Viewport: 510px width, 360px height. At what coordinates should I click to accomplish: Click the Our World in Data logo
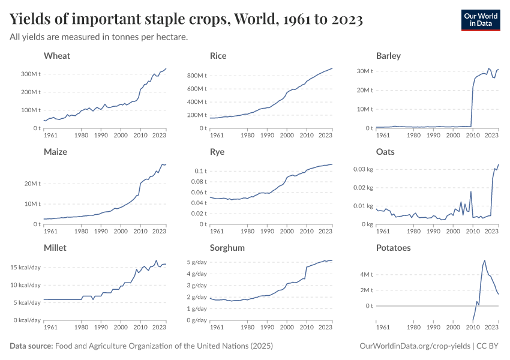coord(480,20)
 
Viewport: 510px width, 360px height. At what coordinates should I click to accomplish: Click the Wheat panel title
coord(57,56)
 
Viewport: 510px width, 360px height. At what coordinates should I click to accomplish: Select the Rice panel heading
coord(218,56)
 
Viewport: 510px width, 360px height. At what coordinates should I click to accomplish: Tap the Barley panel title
coord(388,56)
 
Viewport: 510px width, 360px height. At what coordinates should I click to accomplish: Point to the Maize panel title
coord(55,152)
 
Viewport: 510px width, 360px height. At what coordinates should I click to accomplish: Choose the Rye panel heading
coord(217,152)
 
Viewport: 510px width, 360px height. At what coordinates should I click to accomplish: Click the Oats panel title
coord(385,152)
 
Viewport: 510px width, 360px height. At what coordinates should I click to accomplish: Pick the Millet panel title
coord(55,247)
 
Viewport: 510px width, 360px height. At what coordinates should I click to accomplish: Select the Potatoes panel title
coord(393,247)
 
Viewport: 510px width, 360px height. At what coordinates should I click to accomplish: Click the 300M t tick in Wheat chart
coord(31,74)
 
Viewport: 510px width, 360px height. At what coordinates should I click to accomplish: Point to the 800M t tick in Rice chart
coord(196,76)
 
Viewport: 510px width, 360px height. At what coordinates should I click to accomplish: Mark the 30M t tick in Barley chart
coord(365,71)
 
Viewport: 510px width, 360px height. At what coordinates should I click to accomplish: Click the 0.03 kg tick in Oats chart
coord(362,169)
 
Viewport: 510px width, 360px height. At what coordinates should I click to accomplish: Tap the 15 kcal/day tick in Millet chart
coord(26,267)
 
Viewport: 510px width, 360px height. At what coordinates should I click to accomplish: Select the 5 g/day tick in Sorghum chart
coord(197,262)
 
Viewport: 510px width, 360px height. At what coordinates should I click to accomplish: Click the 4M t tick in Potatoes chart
coord(367,275)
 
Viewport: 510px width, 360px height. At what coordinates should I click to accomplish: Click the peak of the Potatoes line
coord(484,260)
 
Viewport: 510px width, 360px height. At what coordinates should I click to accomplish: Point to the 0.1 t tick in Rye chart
coord(199,171)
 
